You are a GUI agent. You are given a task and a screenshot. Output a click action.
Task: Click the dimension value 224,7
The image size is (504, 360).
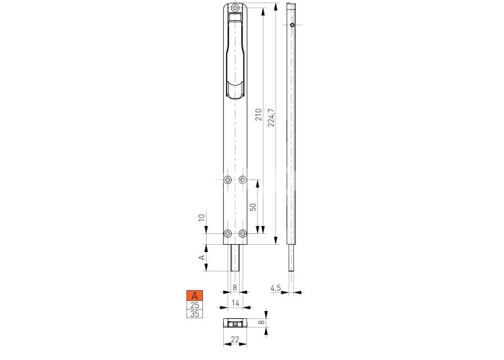[x=271, y=117]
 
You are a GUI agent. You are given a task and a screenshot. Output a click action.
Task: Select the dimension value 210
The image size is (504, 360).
[x=258, y=114]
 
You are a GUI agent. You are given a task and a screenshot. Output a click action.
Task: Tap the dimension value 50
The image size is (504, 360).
[x=253, y=207]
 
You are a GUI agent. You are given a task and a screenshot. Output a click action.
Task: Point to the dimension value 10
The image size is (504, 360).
[x=202, y=217]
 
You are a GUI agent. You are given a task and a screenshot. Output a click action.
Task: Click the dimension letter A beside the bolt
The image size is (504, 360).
[x=202, y=257]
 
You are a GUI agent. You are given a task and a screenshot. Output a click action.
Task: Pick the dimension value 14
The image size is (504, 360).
[x=235, y=303]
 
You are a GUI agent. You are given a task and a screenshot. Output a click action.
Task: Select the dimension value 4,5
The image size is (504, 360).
[x=276, y=288]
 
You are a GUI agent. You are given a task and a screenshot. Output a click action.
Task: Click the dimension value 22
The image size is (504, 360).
[x=235, y=339]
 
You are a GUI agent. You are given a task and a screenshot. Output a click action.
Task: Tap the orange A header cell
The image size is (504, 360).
[x=195, y=295]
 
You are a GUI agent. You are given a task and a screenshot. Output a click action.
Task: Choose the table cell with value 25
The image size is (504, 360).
[x=195, y=305]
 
